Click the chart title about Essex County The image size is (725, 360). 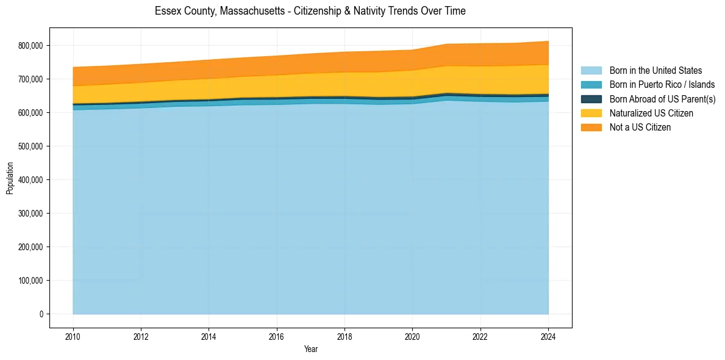[310, 11]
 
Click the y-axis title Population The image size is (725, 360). [10, 178]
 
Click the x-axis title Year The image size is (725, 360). [310, 349]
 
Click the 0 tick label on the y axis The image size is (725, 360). [41, 314]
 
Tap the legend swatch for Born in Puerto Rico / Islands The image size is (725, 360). [591, 85]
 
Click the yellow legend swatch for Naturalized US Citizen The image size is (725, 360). [591, 113]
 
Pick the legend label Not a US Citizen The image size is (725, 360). [640, 128]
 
